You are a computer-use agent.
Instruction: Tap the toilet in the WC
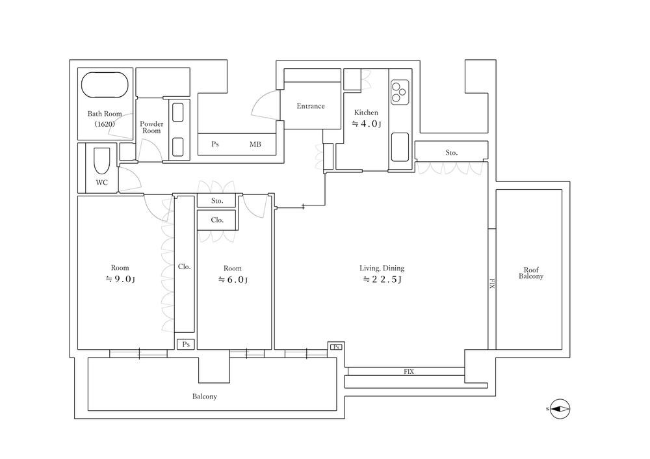tap(102, 161)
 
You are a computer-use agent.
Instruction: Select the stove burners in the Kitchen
tap(400, 92)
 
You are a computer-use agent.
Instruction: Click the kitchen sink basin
tap(400, 147)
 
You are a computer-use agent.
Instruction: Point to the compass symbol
tap(560, 409)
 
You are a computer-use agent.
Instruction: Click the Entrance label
tap(311, 106)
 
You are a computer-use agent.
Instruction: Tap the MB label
tap(255, 144)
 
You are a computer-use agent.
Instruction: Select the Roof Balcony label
tap(531, 273)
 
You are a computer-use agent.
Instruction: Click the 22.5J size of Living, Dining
tap(382, 280)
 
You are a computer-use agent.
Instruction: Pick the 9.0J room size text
tap(120, 279)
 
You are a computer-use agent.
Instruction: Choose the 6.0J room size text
tap(233, 280)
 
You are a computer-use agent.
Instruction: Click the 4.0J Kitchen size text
tap(367, 124)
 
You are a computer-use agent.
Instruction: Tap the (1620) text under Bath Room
tap(105, 124)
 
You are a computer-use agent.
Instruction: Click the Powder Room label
tap(151, 127)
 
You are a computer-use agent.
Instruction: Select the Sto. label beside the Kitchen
tap(452, 153)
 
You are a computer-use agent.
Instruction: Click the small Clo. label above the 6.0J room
tap(217, 220)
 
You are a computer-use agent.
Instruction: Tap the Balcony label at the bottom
tap(204, 397)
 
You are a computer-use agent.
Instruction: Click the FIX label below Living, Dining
tap(409, 372)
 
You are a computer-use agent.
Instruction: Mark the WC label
tap(101, 183)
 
